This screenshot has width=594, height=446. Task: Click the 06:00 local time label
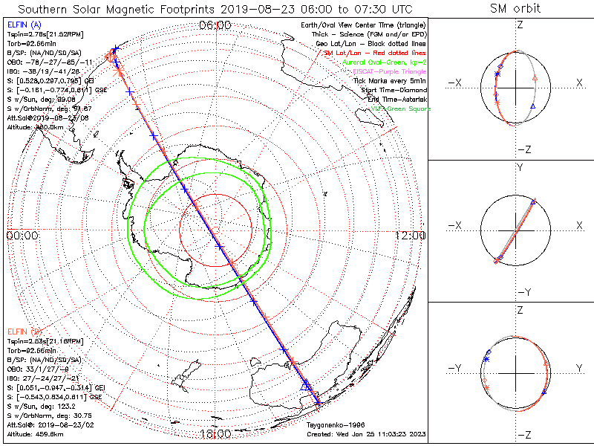tap(215, 25)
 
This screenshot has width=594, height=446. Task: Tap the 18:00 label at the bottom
tap(215, 433)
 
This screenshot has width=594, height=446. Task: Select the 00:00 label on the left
tap(22, 235)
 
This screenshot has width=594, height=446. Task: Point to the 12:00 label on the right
tap(410, 235)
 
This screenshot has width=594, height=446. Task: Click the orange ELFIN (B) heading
tap(25, 330)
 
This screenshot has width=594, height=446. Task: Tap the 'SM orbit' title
tap(515, 9)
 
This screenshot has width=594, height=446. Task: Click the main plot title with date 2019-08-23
tap(214, 9)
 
